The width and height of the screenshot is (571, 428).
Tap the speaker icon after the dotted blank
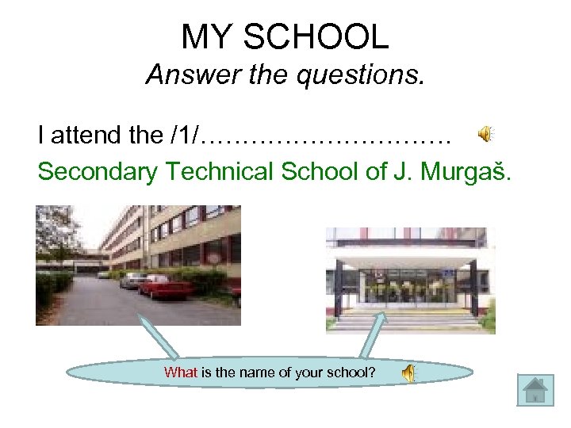click(485, 135)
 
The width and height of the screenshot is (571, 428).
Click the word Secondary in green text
click(98, 171)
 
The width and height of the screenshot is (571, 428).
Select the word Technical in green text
click(221, 171)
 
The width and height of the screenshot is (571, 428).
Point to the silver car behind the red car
click(133, 279)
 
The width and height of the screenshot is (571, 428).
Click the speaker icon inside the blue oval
click(407, 373)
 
